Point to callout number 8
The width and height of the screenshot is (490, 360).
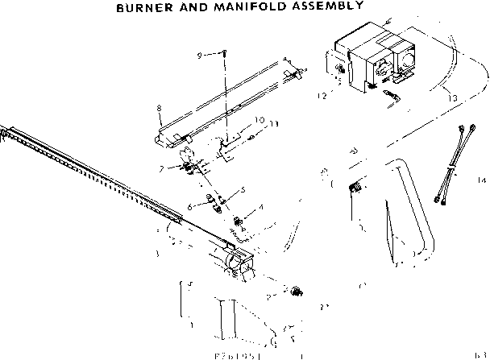pos(159,107)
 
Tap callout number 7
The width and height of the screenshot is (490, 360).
pos(162,169)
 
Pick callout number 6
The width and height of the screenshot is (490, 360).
pos(190,206)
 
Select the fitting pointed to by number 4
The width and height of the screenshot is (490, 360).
pos(239,221)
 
